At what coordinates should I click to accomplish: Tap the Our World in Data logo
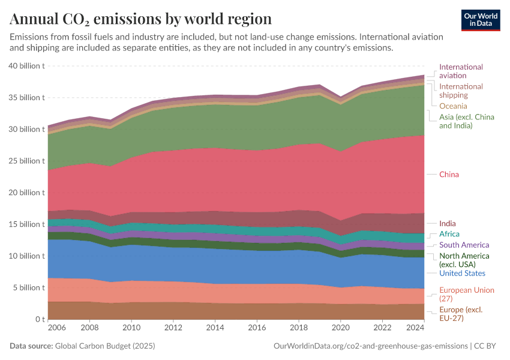[x=481, y=19]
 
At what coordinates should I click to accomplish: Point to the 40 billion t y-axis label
[x=27, y=66]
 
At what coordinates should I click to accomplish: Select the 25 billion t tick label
[x=27, y=161]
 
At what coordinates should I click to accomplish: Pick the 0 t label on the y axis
[x=40, y=319]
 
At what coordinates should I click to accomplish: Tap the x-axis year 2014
[x=215, y=329]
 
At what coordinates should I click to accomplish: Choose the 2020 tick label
[x=340, y=329]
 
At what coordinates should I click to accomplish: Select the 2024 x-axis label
[x=415, y=329]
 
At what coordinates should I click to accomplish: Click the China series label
[x=449, y=175]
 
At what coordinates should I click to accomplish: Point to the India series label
[x=447, y=224]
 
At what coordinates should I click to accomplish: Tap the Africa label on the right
[x=449, y=234]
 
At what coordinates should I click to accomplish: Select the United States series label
[x=462, y=274]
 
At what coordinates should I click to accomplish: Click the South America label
[x=464, y=245]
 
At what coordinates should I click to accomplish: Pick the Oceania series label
[x=453, y=106]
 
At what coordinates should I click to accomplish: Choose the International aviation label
[x=461, y=71]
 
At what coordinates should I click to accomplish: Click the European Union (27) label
[x=466, y=295]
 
